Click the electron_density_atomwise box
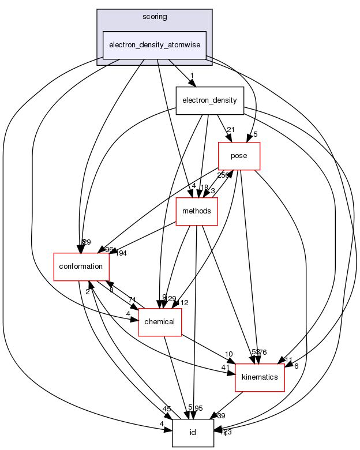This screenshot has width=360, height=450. (154, 45)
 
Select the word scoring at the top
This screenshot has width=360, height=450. (154, 17)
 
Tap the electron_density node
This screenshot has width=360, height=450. (209, 100)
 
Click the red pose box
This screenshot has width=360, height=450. (238, 156)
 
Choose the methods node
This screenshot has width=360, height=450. (196, 211)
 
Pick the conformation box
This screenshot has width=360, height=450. (81, 267)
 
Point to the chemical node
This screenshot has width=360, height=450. (160, 321)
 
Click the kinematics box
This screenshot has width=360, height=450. (260, 377)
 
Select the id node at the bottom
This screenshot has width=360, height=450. (193, 432)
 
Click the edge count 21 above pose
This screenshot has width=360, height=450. (231, 130)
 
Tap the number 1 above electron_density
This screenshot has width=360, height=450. (192, 76)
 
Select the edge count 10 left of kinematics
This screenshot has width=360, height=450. (229, 354)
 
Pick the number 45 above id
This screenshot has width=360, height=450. (167, 410)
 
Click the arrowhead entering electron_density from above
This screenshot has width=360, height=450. (192, 84)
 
